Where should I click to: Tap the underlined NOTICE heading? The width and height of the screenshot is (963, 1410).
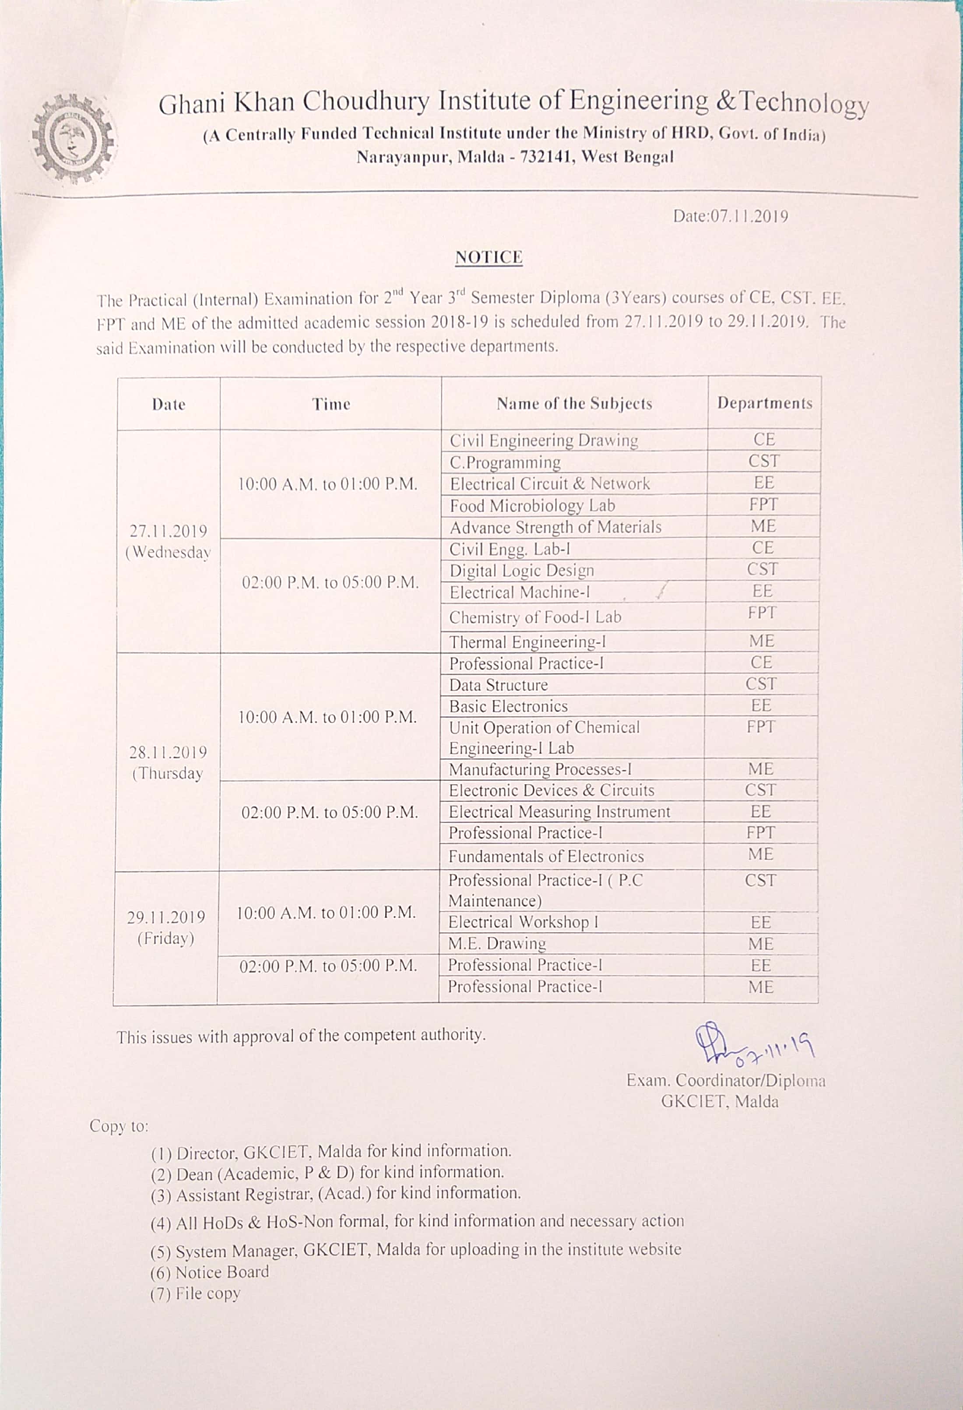[489, 257]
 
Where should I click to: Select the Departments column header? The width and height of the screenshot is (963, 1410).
[764, 403]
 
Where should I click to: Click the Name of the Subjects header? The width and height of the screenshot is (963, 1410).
[574, 403]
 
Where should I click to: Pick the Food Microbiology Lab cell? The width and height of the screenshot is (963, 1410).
[532, 505]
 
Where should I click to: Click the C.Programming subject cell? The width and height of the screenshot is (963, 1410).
[505, 462]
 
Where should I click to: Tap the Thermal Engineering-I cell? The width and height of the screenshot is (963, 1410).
[527, 642]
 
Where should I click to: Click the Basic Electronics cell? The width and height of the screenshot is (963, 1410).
[508, 706]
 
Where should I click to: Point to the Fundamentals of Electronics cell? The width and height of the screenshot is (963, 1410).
[546, 856]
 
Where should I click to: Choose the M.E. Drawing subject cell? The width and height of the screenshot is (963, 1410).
[497, 944]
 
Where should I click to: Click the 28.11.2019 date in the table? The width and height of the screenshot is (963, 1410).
[168, 752]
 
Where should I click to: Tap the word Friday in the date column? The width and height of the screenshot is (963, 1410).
[165, 938]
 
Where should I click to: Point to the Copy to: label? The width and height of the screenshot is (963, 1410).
[119, 1126]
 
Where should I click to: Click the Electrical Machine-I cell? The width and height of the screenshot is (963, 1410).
[519, 592]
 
